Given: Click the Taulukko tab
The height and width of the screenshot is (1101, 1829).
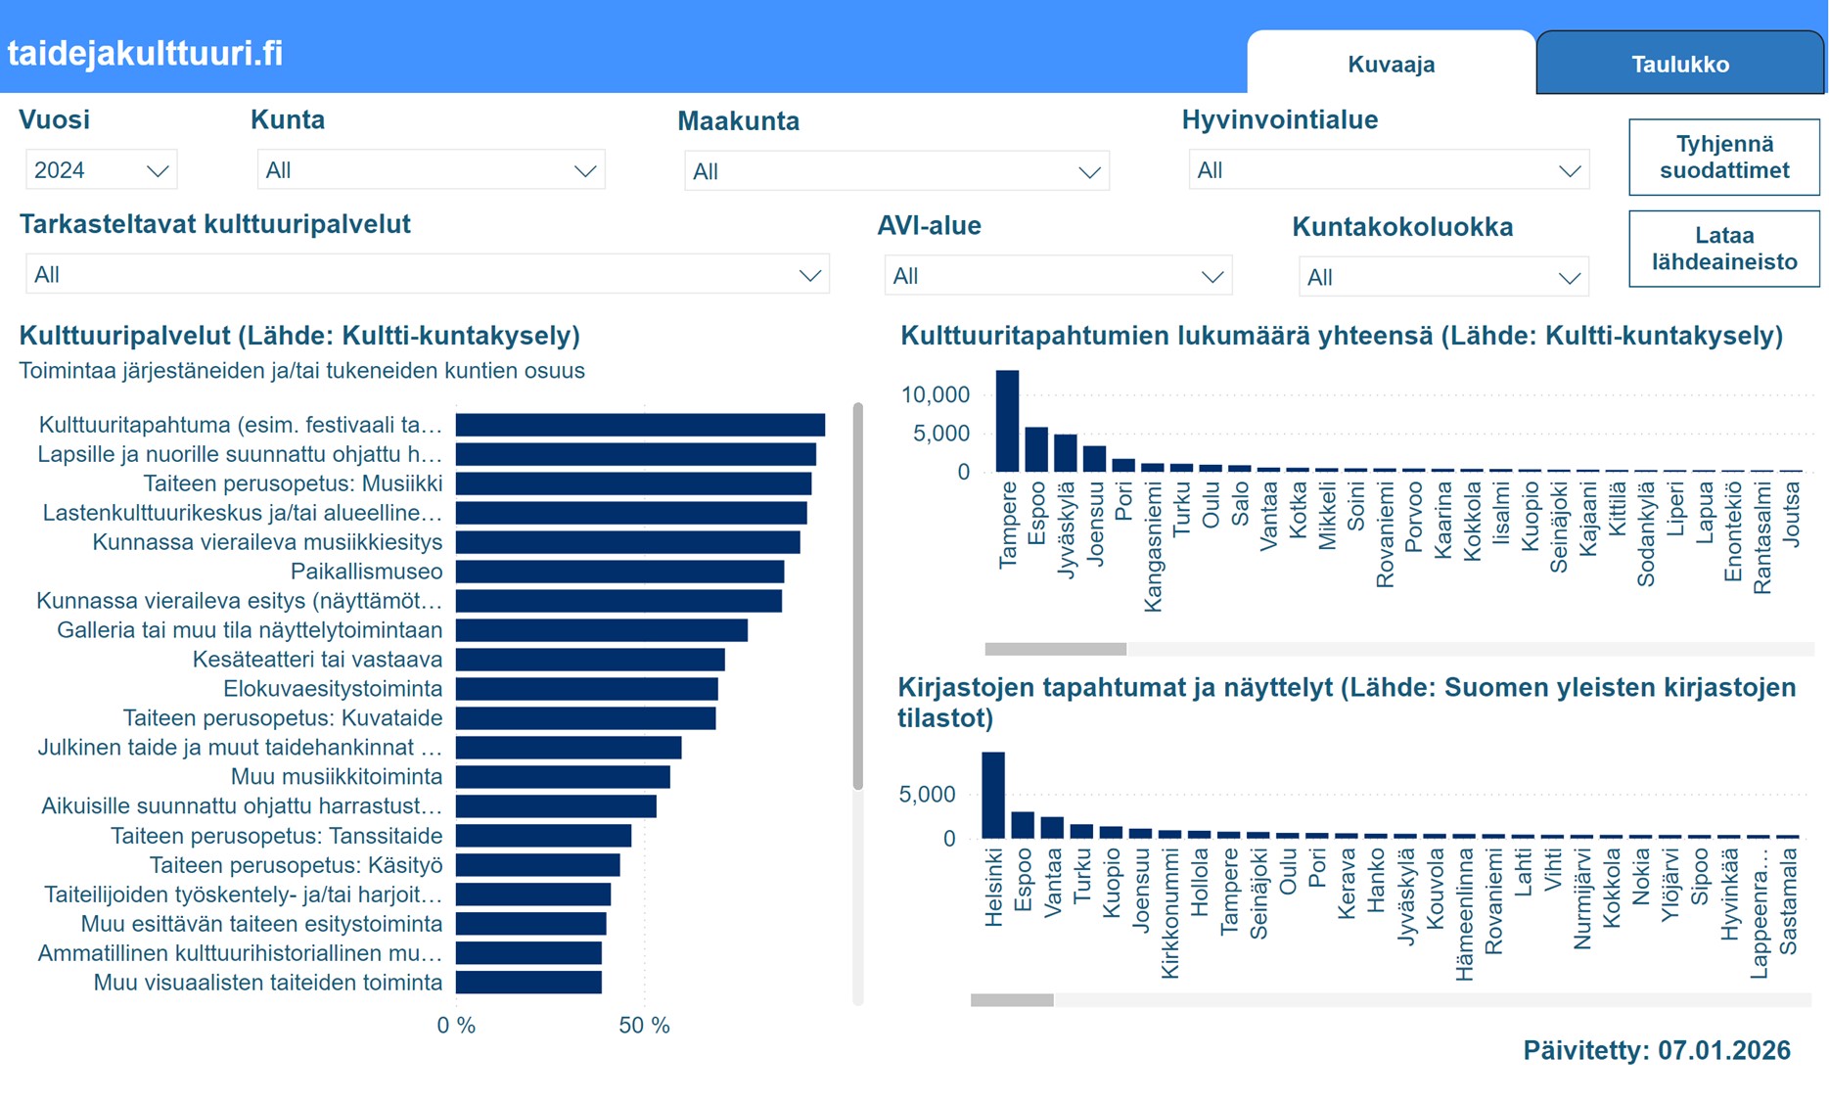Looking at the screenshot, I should [1679, 65].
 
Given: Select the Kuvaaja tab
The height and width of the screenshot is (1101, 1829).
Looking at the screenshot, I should [1391, 65].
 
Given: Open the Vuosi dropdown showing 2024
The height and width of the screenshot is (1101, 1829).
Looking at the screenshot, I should [101, 170].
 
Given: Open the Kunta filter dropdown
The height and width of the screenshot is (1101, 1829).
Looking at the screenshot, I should [431, 170].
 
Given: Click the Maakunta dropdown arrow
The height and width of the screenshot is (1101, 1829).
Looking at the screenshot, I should [1088, 172].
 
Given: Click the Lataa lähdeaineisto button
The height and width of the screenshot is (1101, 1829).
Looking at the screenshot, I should [1723, 249].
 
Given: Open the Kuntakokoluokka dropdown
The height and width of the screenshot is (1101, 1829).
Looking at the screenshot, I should [1442, 277].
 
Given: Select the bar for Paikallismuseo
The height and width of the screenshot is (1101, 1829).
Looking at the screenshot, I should [619, 572].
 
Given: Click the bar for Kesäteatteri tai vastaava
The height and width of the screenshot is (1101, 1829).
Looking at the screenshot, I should [590, 660].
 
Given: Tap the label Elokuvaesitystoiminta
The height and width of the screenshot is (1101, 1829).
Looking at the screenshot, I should [333, 689].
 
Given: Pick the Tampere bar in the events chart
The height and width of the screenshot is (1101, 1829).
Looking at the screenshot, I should [1007, 421].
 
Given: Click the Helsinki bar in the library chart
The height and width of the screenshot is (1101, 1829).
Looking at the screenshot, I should [992, 795].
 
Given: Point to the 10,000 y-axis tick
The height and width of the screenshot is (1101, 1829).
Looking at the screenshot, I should [935, 395].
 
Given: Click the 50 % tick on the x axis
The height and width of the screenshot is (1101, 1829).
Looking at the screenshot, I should [644, 1026].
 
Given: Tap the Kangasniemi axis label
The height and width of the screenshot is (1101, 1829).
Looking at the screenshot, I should [1153, 546].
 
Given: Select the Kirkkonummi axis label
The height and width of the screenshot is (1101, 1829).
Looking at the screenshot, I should [1169, 912].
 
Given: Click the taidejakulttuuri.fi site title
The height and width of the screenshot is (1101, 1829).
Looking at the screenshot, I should [145, 53].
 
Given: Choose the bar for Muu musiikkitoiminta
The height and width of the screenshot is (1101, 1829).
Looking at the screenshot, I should [563, 777].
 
